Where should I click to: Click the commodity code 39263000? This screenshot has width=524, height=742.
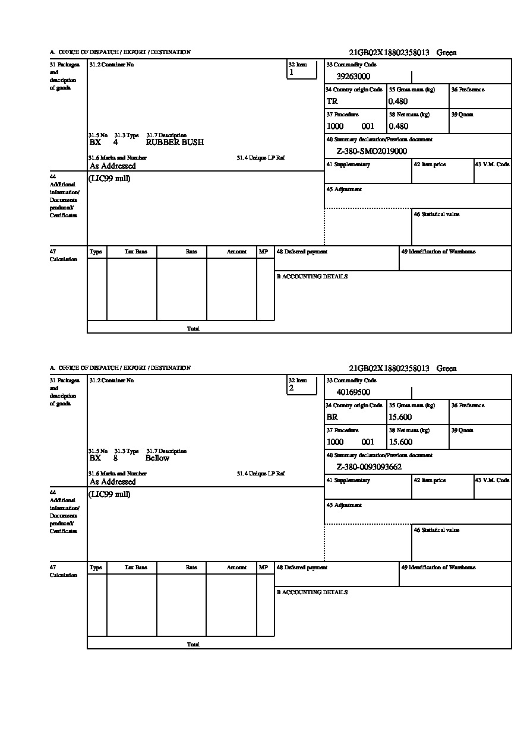(x=353, y=77)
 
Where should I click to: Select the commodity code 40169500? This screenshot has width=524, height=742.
(x=353, y=392)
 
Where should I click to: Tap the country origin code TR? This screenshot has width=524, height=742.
(x=332, y=102)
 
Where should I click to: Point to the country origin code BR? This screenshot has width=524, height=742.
(x=332, y=417)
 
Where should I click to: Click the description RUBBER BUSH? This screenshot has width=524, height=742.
(x=175, y=142)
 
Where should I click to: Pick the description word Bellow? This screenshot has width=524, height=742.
(x=157, y=458)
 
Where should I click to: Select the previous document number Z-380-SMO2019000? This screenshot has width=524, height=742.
(x=371, y=151)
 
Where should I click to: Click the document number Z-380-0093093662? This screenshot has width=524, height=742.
(x=369, y=467)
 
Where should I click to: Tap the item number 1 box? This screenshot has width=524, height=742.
(x=302, y=70)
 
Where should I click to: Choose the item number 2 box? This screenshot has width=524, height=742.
(x=302, y=386)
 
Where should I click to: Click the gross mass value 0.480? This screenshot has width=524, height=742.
(x=399, y=102)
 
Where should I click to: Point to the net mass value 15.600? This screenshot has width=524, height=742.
(x=400, y=442)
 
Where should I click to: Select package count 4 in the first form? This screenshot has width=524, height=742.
(x=115, y=142)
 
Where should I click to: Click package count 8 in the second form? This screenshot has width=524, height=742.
(x=115, y=458)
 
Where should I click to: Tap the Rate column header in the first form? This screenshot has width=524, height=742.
(x=191, y=252)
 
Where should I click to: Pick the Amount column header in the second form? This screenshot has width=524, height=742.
(x=236, y=567)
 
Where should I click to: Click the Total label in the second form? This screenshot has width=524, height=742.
(x=193, y=644)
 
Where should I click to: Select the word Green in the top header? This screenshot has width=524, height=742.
(x=447, y=53)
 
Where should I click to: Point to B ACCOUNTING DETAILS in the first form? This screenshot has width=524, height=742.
(x=312, y=277)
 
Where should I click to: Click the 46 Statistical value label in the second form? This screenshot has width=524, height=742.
(x=437, y=530)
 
